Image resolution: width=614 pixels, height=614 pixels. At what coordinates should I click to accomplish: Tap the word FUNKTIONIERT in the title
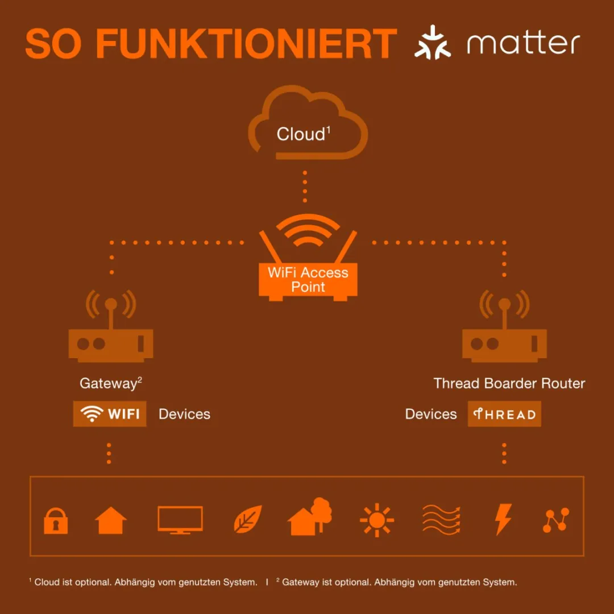point(246,43)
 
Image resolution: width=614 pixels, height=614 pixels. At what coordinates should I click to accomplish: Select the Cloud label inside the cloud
point(304,134)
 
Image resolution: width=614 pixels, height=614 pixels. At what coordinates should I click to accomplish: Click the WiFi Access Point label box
point(308,280)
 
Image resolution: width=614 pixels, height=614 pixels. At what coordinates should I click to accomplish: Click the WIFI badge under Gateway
point(110,413)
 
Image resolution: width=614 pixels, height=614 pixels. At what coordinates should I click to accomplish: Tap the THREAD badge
point(504,413)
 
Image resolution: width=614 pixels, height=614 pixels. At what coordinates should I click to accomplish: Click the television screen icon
point(180,520)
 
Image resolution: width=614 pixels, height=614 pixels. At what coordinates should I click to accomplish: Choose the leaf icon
point(248,519)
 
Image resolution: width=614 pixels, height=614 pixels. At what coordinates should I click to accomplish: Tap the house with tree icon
point(309,516)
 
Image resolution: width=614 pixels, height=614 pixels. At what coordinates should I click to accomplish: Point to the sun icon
point(377,520)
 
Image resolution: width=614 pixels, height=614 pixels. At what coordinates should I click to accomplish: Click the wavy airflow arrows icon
point(441,520)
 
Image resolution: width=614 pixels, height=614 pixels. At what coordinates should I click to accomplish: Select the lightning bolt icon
point(503,519)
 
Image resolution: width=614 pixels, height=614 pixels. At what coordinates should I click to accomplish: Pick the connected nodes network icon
point(555,520)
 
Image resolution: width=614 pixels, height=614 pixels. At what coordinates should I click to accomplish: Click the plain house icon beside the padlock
point(111,520)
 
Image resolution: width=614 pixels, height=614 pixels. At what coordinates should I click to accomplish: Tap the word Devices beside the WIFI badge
point(184,414)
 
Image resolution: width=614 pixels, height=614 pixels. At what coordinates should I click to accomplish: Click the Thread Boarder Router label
point(509,383)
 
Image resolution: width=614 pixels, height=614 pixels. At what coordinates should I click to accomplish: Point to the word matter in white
point(523,43)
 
